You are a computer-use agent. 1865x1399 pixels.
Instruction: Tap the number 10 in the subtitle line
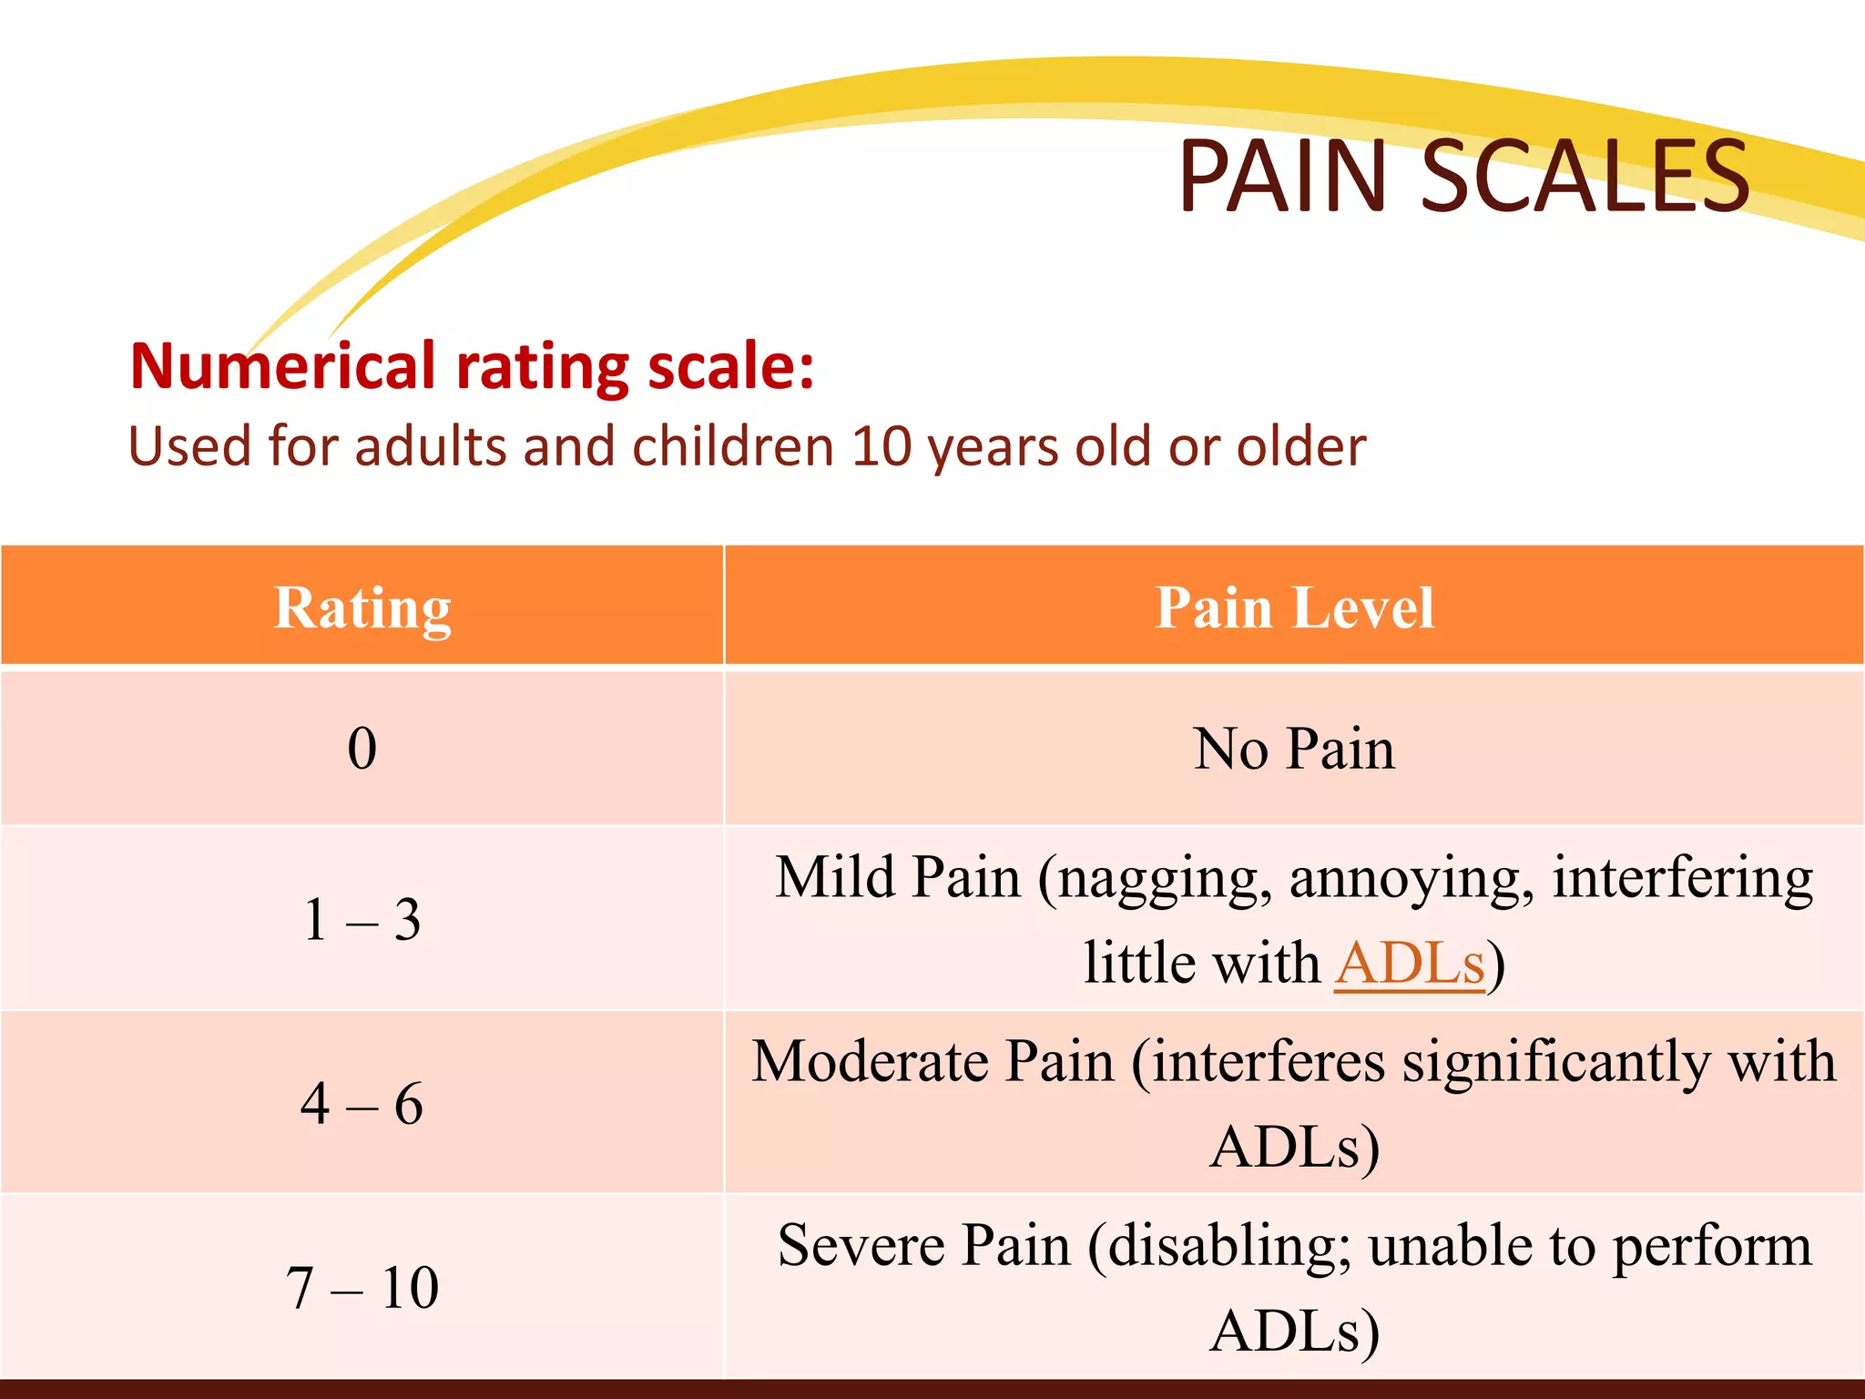(882, 446)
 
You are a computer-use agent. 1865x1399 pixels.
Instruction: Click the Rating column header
(362, 608)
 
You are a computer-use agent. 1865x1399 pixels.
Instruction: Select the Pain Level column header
(1294, 608)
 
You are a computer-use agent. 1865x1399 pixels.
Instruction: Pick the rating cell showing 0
(362, 749)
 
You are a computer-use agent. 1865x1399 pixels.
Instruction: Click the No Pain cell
(1294, 749)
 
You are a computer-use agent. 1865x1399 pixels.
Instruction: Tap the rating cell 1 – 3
(362, 919)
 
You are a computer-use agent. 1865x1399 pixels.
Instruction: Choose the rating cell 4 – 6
(362, 1103)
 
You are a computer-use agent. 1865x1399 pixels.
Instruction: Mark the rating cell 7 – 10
(362, 1287)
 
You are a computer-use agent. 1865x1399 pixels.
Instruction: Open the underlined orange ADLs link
(1410, 963)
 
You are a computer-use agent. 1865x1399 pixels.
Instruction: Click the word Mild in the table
(835, 878)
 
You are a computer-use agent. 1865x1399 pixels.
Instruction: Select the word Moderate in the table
(870, 1062)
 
